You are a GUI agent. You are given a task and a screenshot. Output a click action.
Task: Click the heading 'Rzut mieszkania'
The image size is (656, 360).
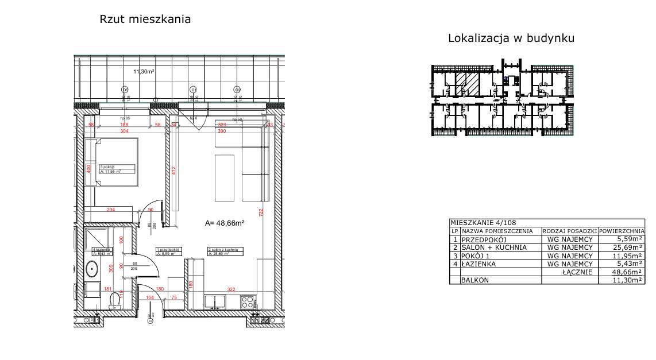(x=145, y=20)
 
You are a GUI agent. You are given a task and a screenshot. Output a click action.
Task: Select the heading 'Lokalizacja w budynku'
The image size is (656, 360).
(x=511, y=38)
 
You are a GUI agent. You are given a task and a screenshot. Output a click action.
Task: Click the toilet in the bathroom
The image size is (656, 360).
(x=115, y=298)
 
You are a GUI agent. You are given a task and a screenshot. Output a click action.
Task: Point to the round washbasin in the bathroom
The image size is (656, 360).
(x=92, y=268)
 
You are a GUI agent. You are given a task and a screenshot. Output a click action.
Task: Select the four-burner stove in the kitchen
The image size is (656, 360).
(x=248, y=300)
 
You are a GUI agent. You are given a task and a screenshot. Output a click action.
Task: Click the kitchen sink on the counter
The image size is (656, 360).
(x=218, y=300)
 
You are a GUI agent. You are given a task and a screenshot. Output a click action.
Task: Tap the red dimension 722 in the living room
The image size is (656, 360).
(x=260, y=212)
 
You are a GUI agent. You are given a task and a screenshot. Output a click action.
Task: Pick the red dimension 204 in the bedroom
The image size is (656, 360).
(x=111, y=210)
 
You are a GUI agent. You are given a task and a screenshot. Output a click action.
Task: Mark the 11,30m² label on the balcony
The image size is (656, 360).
(x=144, y=72)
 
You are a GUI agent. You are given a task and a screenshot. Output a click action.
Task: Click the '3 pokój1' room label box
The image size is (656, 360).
(x=117, y=169)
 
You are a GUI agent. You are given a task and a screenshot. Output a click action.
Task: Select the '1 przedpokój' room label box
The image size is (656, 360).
(x=169, y=251)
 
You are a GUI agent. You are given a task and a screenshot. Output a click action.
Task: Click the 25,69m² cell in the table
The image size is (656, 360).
(x=620, y=247)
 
